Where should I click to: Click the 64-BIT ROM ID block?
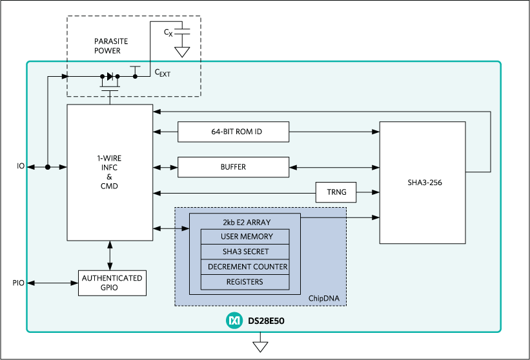233,132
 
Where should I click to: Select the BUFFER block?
233,167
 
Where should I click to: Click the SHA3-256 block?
422,182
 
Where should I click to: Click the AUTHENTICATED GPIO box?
112,283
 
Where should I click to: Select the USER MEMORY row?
246,237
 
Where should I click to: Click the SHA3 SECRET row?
246,252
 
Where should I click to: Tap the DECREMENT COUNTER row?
246,266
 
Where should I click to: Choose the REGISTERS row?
246,282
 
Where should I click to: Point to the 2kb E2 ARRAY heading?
246,221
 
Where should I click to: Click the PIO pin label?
18,283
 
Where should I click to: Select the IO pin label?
21,167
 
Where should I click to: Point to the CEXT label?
161,73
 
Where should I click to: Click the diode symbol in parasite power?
110,76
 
